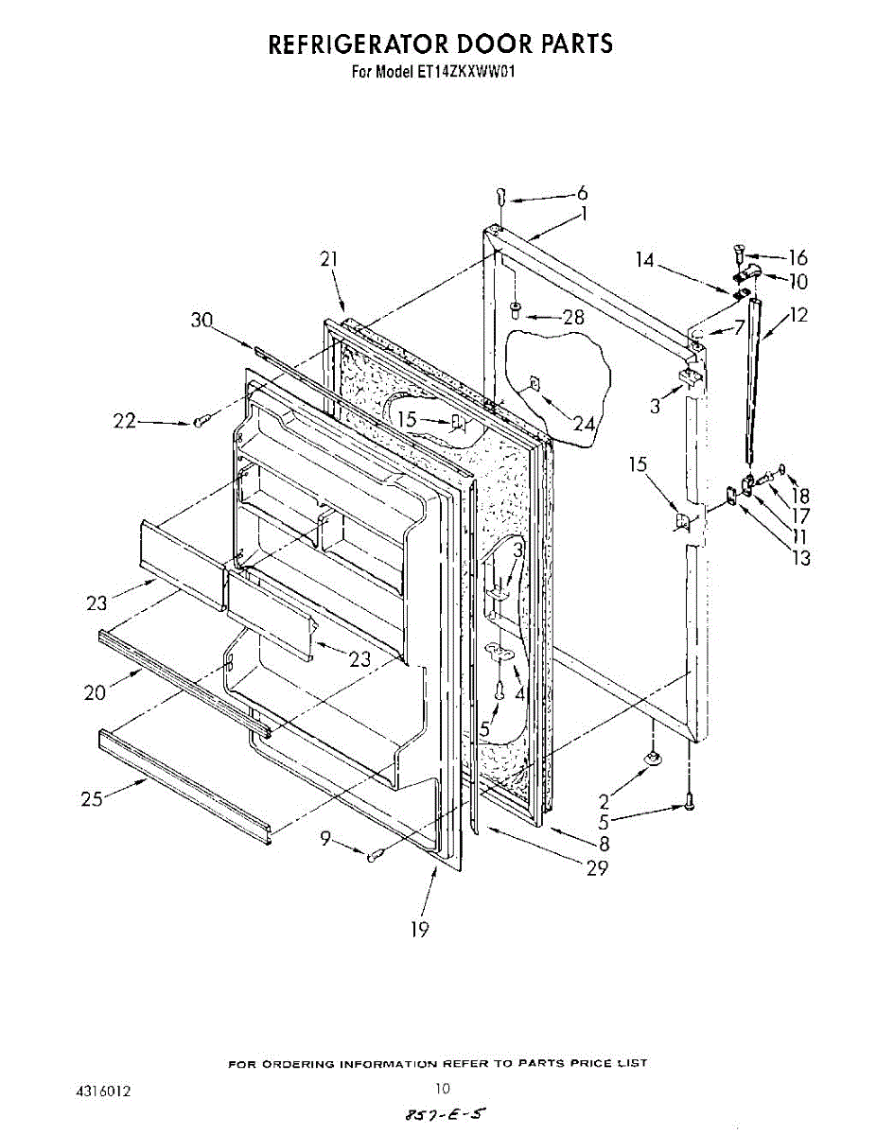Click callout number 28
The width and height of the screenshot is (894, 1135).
(573, 318)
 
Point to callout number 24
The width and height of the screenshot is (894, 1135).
(584, 425)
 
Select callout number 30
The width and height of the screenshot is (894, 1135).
(202, 320)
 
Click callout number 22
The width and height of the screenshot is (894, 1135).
(125, 422)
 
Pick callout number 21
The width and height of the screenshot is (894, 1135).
(329, 258)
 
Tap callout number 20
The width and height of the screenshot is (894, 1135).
(94, 692)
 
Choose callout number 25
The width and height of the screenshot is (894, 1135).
(92, 799)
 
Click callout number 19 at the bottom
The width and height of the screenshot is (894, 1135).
(419, 930)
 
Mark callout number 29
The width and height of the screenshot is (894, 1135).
(597, 868)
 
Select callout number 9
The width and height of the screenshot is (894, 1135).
(325, 836)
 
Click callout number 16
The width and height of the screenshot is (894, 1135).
(798, 257)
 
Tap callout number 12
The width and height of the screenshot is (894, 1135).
(798, 315)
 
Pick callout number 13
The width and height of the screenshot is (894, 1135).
(800, 558)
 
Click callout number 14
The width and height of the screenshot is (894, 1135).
(645, 258)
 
